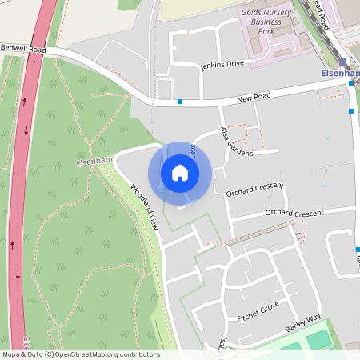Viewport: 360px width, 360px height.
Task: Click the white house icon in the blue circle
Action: pos(180,173)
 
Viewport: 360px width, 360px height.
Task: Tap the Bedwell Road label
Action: pos(24,49)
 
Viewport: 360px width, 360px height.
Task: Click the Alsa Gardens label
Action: pos(237,142)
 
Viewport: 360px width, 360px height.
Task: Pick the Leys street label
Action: pos(193,149)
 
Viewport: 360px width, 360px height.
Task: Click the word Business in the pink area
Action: pos(273,22)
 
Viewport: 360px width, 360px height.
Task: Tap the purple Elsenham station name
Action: pos(340,73)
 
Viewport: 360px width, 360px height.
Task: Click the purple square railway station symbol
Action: pos(343,62)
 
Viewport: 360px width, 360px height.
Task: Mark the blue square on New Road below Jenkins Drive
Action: pos(180,102)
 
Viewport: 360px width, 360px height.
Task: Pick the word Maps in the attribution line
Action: pos(11,354)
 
